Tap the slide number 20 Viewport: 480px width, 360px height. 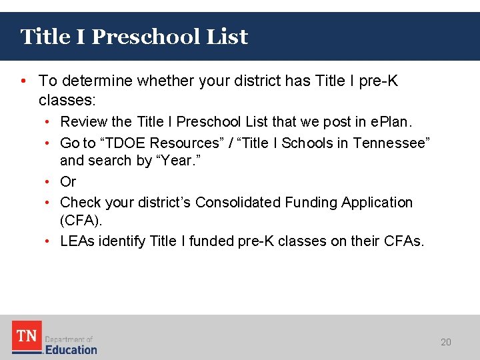coord(446,342)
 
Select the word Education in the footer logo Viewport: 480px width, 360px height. coord(71,349)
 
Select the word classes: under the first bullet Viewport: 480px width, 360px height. coord(67,101)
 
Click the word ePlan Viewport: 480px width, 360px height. coord(393,122)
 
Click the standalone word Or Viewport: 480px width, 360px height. coord(68,181)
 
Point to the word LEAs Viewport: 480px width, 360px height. coord(77,241)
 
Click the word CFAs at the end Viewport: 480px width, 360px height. coord(401,241)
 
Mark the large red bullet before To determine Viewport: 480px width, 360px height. coord(24,81)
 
